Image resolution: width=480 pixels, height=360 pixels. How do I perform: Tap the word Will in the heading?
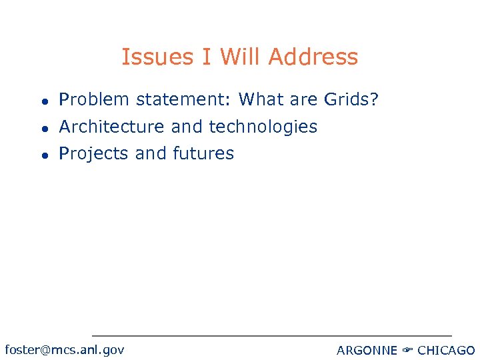coord(243,57)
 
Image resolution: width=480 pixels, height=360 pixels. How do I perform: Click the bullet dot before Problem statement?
coord(43,101)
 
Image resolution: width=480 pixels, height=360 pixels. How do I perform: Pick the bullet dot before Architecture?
coord(43,127)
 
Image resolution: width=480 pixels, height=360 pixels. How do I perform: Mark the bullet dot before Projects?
coord(43,154)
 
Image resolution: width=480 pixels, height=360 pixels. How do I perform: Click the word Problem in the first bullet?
coord(94,100)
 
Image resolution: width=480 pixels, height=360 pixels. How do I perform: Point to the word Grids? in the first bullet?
coord(351,100)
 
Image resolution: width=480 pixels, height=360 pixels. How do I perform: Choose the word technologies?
coord(263,127)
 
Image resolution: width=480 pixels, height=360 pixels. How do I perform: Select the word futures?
coord(203,153)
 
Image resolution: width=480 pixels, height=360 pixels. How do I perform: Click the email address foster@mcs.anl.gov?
coord(64,350)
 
